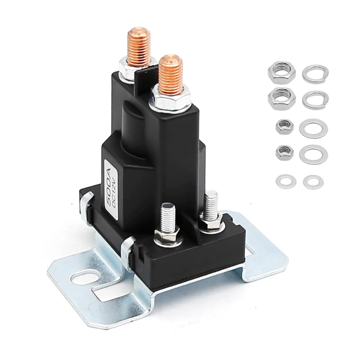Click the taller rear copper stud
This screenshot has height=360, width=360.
tap(139, 47)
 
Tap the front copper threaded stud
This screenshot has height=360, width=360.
tap(171, 75)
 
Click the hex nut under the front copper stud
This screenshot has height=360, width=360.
tap(170, 99)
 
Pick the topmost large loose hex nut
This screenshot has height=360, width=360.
tap(282, 72)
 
